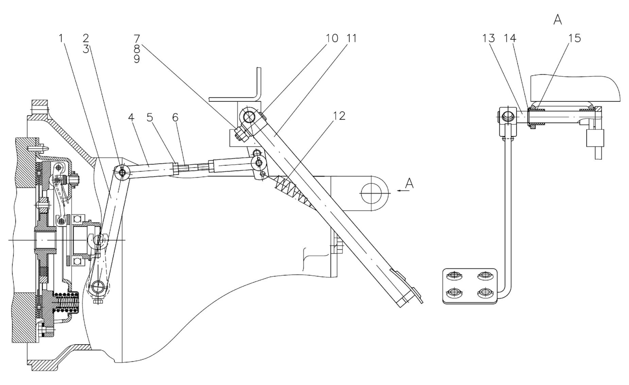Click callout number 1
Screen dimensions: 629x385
pyautogui.click(x=61, y=38)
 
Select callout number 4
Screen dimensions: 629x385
pyautogui.click(x=131, y=117)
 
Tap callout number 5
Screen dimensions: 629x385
pyautogui.click(x=150, y=117)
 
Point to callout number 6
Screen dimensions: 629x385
pyautogui.click(x=175, y=117)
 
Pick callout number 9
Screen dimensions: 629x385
pyautogui.click(x=137, y=59)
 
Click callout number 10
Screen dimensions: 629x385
pyautogui.click(x=332, y=38)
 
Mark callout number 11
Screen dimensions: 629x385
pyautogui.click(x=351, y=38)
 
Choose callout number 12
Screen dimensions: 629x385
pyautogui.click(x=339, y=115)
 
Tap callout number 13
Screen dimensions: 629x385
pyautogui.click(x=489, y=38)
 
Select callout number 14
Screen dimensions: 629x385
pyautogui.click(x=510, y=38)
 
